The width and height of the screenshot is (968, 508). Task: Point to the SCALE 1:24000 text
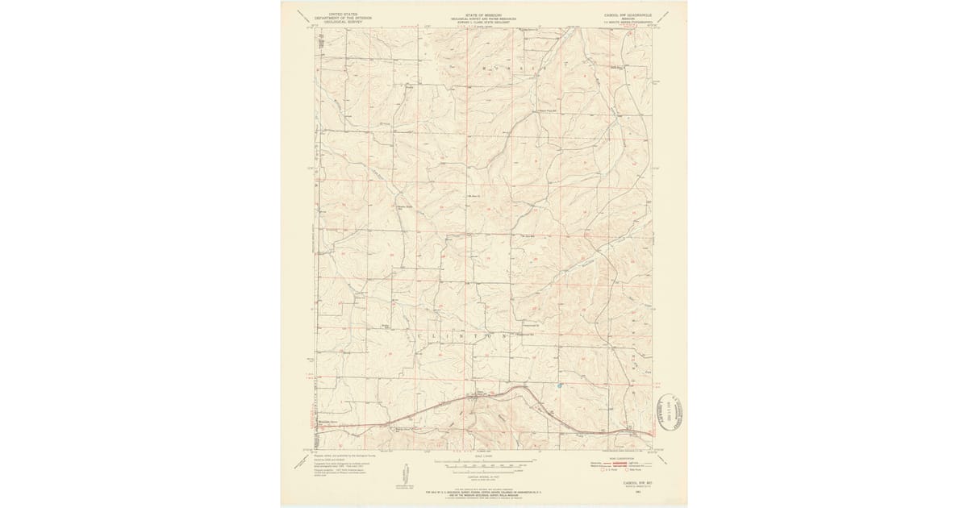484,458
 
